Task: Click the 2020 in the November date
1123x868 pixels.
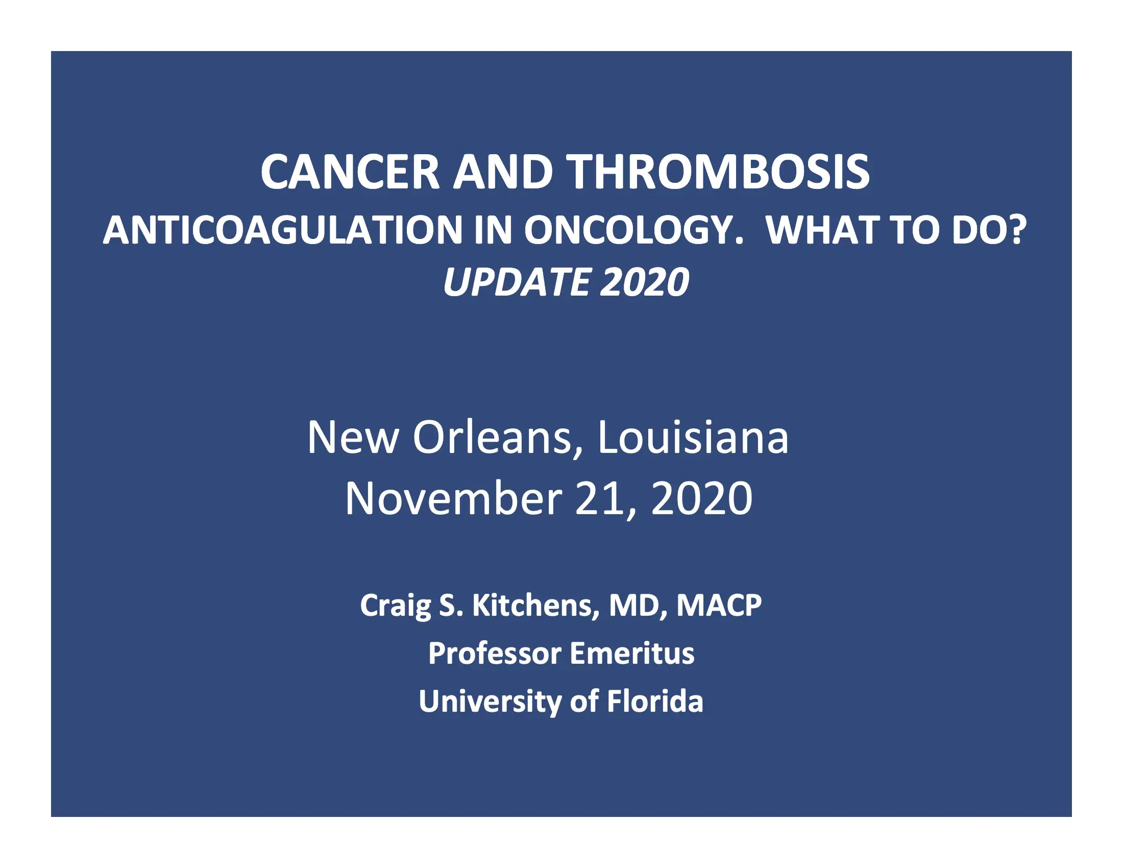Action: point(701,498)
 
